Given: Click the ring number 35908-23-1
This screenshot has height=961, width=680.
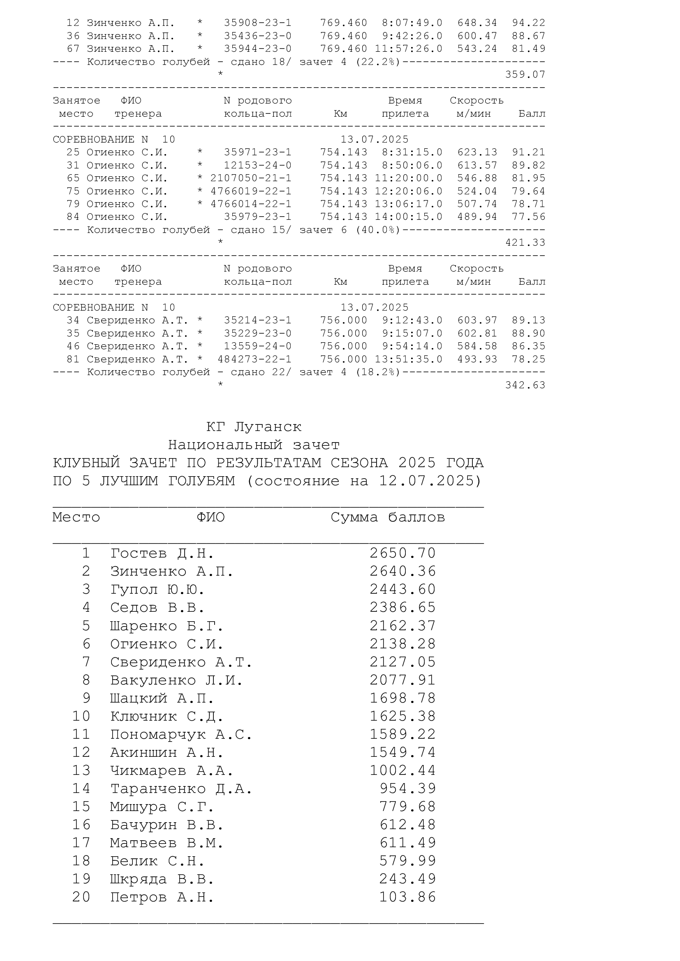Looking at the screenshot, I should (x=257, y=23).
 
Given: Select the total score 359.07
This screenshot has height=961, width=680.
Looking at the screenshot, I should (x=525, y=74).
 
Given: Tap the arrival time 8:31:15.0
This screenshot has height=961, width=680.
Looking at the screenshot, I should (x=412, y=152).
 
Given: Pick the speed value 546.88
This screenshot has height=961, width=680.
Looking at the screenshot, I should (x=477, y=178).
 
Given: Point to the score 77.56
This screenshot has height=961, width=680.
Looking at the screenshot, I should (x=528, y=217).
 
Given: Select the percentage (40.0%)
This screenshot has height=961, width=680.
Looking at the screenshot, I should (x=378, y=230).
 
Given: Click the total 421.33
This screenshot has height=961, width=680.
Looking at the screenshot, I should (x=525, y=242).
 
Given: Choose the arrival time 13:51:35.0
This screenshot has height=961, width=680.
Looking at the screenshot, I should (x=409, y=359).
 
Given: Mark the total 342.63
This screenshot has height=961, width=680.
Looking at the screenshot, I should (x=525, y=385).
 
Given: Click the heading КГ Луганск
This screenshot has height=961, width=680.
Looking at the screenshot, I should (x=254, y=427).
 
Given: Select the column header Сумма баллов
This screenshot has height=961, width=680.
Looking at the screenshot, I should (x=388, y=517).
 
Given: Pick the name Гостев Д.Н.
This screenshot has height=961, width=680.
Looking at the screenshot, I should (x=162, y=553).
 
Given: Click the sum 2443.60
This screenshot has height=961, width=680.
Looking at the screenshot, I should (x=402, y=589).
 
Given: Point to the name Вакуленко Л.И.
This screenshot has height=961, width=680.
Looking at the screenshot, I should (x=176, y=680).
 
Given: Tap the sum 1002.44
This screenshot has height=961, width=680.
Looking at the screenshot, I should (x=402, y=770).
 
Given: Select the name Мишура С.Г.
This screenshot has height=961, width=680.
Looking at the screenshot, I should (x=162, y=807).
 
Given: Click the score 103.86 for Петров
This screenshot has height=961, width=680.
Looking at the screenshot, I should (x=407, y=897).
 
